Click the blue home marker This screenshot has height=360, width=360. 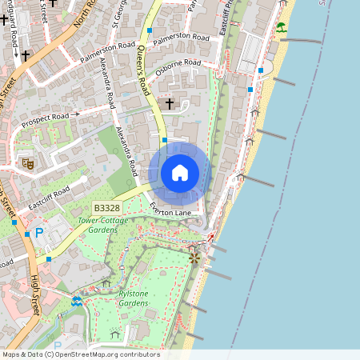tap(180, 173)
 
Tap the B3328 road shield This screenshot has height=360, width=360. tap(105, 208)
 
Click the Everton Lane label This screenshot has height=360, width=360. tap(170, 210)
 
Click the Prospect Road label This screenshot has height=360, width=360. tap(46, 121)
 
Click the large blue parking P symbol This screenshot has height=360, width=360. tap(39, 232)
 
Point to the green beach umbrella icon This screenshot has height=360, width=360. tap(281, 27)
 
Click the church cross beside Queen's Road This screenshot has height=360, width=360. tap(169, 103)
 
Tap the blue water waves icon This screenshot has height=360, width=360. tap(76, 301)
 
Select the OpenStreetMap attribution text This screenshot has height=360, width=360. tap(80, 354)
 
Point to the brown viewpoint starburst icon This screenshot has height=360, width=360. tap(193, 258)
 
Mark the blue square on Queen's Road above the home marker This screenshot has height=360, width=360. tap(164, 140)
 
